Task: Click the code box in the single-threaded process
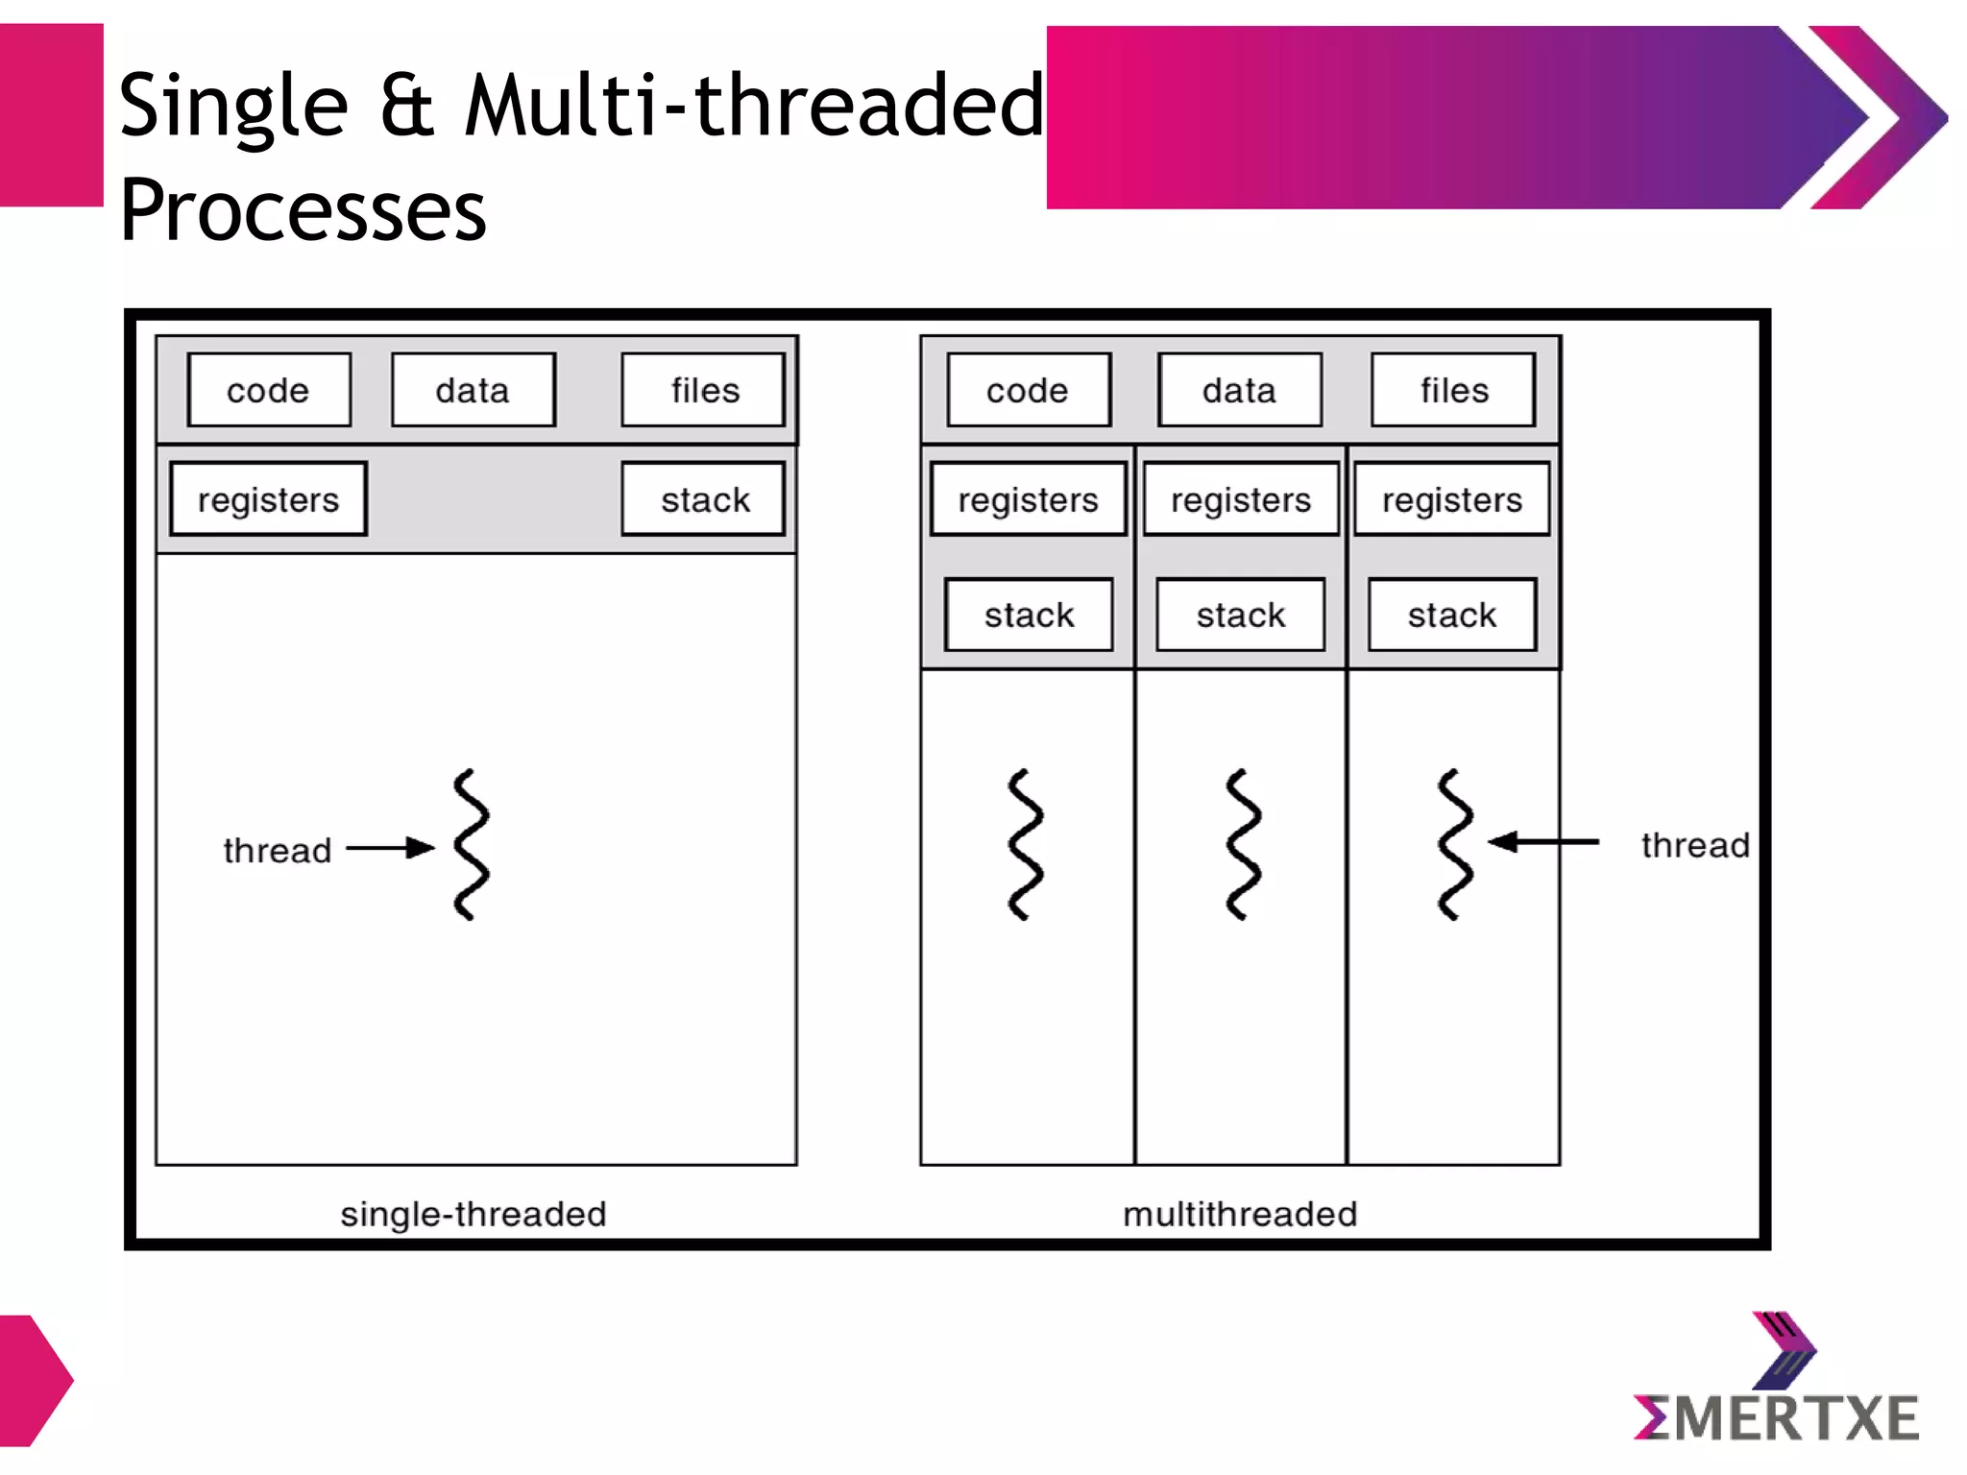[x=269, y=390]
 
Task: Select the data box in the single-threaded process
[x=473, y=390]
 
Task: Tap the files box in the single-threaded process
[x=703, y=390]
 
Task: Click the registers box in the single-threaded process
[x=268, y=499]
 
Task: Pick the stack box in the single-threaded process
[x=703, y=499]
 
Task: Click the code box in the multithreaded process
[x=1028, y=390]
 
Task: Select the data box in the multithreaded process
[x=1239, y=390]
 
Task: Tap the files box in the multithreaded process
[x=1453, y=390]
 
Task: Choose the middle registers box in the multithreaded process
[x=1240, y=499]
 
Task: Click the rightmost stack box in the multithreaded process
[x=1451, y=615]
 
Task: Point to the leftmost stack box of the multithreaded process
[x=1029, y=615]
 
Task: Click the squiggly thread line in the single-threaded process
[x=471, y=845]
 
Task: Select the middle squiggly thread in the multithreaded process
[x=1243, y=845]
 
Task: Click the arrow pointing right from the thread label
[x=389, y=848]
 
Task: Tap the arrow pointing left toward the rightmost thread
[x=1542, y=842]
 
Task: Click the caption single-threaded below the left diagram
[x=473, y=1214]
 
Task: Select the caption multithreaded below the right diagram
[x=1239, y=1214]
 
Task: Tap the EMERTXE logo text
[x=1777, y=1418]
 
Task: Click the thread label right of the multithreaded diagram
[x=1694, y=845]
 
